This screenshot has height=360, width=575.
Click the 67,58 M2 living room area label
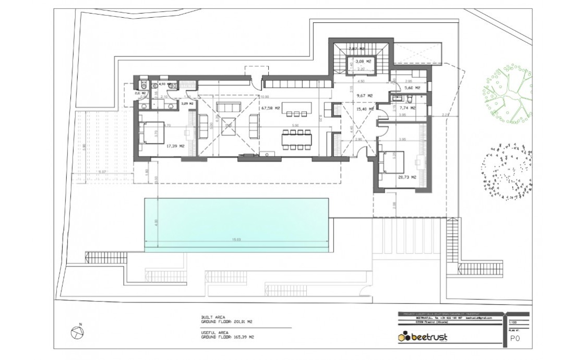(271, 108)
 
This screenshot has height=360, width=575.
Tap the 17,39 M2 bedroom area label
(176, 147)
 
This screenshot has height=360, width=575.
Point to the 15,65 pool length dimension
(236, 239)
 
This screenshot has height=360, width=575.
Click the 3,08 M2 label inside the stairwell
(363, 62)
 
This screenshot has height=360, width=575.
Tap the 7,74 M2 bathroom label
(408, 108)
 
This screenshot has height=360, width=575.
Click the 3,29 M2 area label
(187, 104)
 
